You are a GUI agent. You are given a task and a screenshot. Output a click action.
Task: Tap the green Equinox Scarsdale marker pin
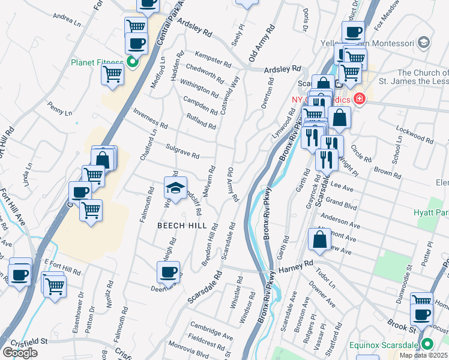click(x=427, y=344)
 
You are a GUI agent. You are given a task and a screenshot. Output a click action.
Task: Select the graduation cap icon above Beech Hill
click(x=175, y=189)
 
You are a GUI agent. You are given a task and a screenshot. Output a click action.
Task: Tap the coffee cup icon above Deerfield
click(x=168, y=272)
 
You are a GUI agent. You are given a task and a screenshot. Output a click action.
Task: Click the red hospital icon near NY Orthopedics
click(x=360, y=98)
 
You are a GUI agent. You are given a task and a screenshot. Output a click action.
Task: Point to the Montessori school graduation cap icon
click(x=424, y=43)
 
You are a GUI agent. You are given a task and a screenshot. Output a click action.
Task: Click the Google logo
click(x=20, y=353)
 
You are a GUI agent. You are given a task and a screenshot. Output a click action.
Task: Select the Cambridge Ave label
click(x=211, y=330)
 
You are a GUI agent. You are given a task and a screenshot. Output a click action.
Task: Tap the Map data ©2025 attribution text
click(x=424, y=355)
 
